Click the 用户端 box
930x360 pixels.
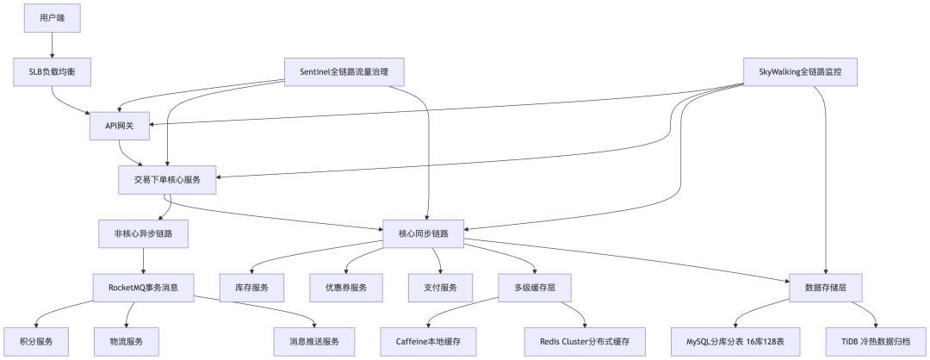(x=52, y=17)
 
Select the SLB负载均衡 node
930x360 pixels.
(x=52, y=71)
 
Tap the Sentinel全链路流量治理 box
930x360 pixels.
(x=344, y=71)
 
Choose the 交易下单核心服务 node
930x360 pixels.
(x=168, y=181)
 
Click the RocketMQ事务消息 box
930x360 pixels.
(x=143, y=287)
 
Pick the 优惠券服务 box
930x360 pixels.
(x=345, y=287)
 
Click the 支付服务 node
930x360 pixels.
(x=439, y=287)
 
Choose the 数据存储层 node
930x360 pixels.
(x=826, y=287)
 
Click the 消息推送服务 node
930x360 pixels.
(x=314, y=341)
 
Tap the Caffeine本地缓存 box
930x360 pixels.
(x=428, y=341)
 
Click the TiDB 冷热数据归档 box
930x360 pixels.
(x=877, y=341)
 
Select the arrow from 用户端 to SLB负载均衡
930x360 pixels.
(x=52, y=45)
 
